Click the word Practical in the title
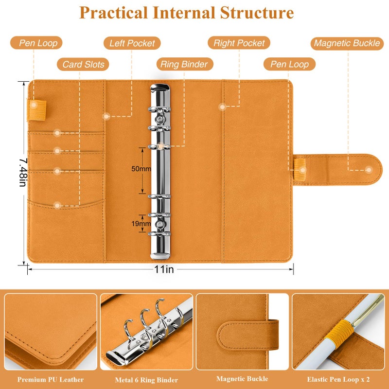(113, 13)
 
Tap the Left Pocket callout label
(132, 43)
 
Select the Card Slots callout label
(83, 65)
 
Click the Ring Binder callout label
(184, 64)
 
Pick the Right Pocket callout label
(239, 43)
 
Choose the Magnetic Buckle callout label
(347, 43)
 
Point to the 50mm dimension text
(141, 169)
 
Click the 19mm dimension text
(141, 224)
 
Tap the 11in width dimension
(164, 269)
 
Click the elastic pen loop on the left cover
(36, 110)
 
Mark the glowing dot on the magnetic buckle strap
(369, 170)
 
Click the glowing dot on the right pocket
(222, 107)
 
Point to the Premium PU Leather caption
(51, 380)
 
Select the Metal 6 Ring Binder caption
(147, 380)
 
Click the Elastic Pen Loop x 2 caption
(338, 379)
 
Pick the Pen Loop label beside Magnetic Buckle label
(289, 64)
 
